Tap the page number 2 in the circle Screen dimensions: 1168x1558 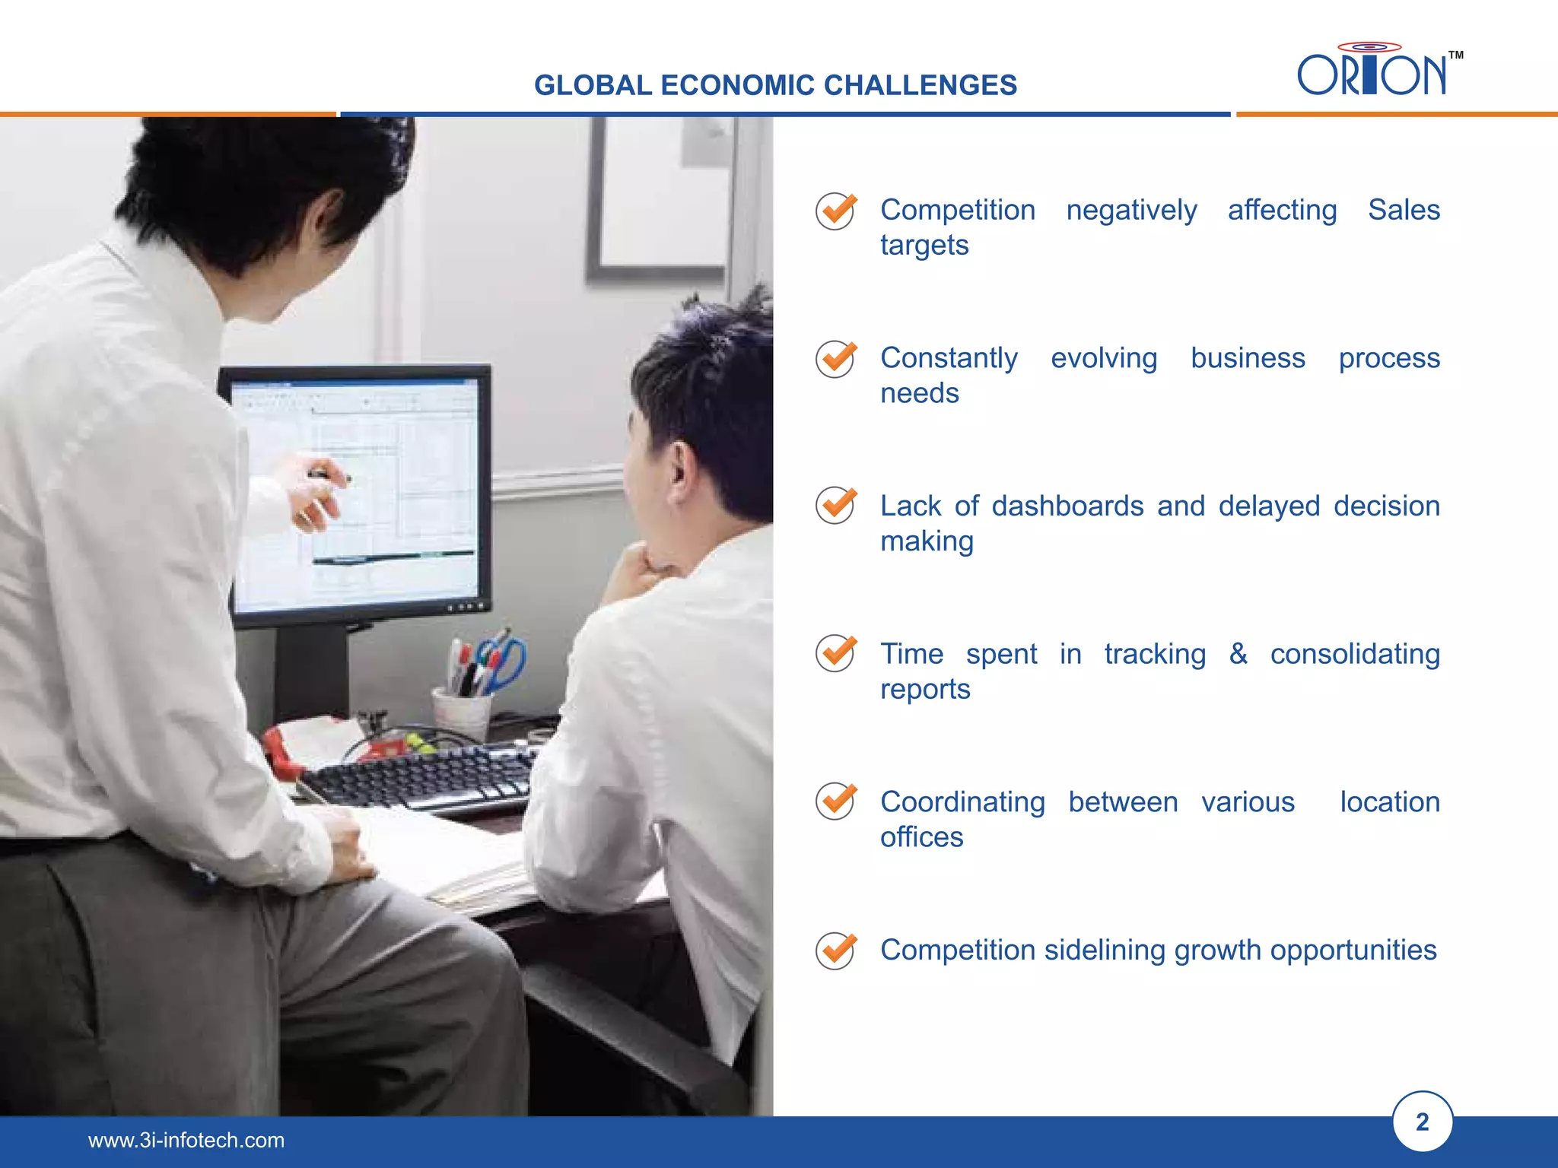1422,1122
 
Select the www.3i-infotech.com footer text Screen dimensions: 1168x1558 186,1140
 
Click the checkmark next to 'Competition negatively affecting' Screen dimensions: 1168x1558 835,211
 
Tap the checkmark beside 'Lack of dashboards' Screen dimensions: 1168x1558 835,505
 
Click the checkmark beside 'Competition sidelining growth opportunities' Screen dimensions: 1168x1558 835,951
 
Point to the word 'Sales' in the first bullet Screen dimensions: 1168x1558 1403,210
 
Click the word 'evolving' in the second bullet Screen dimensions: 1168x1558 1103,358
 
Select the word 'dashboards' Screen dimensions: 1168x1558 1067,506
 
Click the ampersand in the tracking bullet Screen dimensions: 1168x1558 1238,653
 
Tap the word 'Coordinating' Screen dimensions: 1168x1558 962,802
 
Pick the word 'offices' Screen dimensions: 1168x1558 921,837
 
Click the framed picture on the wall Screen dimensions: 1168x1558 658,198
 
